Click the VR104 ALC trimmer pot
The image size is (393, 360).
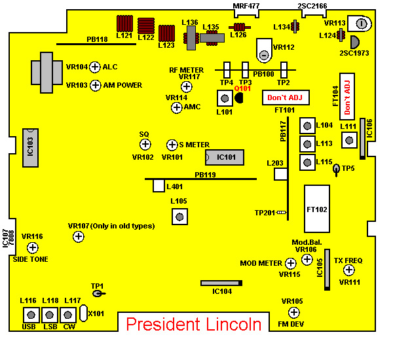[x=94, y=67]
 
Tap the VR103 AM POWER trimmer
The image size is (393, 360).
[x=95, y=85]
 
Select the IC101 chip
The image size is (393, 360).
[x=225, y=158]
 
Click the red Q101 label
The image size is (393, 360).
[x=242, y=88]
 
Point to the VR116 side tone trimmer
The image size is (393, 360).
[x=32, y=247]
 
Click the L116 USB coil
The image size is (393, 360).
[x=29, y=314]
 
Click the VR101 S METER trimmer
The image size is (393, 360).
[x=172, y=145]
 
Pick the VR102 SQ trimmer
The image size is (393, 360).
[x=145, y=144]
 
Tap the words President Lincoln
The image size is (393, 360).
[x=193, y=324]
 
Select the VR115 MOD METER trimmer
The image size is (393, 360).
[x=291, y=263]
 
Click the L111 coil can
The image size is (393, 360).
[x=348, y=139]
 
